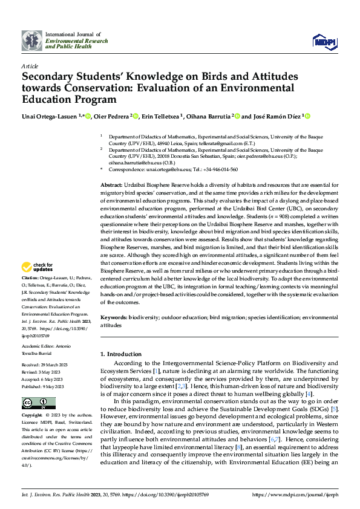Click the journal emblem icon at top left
tap(31, 41)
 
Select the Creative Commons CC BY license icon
tap(36, 404)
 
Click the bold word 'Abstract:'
tap(112, 184)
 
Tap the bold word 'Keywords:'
tap(114, 317)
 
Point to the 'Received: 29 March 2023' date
tap(45, 365)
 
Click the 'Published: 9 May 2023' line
tap(44, 384)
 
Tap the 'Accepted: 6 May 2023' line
tap(44, 378)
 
